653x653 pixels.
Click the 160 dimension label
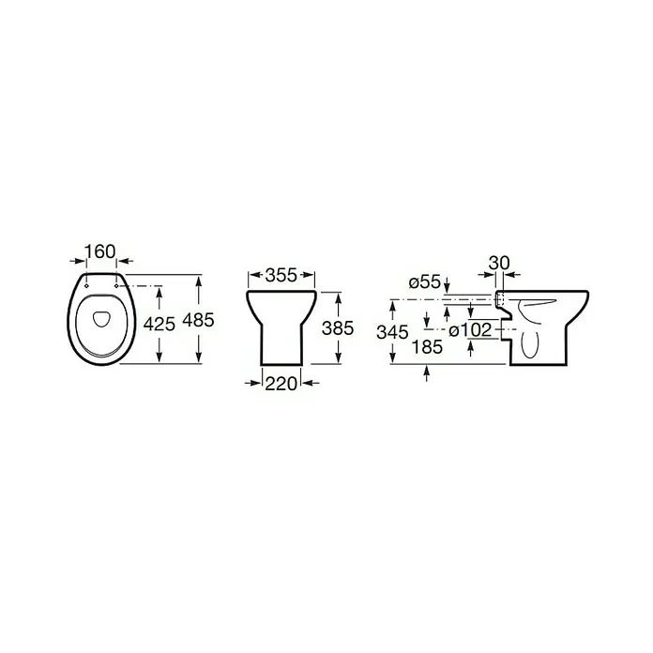coord(100,251)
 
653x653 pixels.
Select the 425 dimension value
coord(159,324)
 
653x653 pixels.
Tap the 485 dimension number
coord(199,320)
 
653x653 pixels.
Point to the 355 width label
coord(281,275)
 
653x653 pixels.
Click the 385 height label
coord(338,328)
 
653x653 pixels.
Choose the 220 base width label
coord(281,383)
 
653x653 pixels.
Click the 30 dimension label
coord(499,263)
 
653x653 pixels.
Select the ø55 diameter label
coord(425,282)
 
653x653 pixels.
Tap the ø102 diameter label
coord(471,330)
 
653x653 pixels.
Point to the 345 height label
coord(393,332)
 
